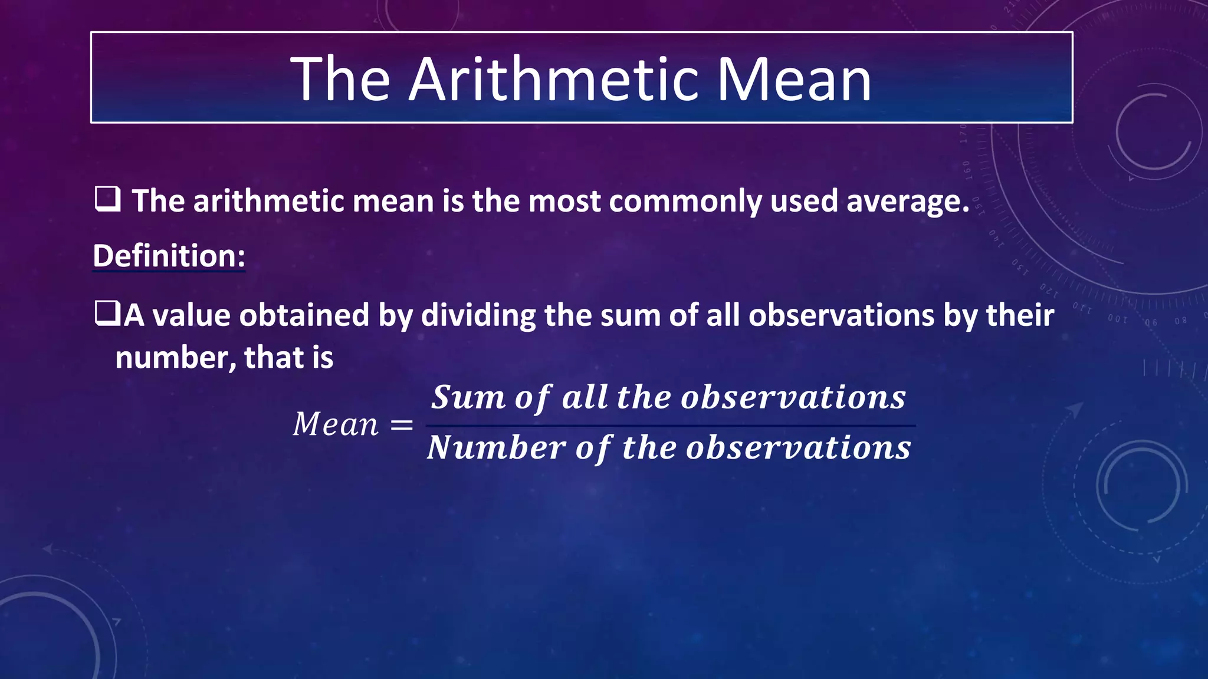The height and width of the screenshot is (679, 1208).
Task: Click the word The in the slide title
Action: pos(340,80)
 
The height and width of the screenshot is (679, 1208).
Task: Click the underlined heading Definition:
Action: pos(169,256)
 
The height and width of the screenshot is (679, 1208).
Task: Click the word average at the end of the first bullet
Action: pos(907,202)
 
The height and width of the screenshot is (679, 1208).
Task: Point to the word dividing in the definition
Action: pos(478,315)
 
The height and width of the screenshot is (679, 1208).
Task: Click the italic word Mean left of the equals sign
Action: pos(336,424)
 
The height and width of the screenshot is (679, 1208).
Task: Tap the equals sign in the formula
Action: pos(402,425)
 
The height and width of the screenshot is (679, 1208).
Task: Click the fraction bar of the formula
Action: pos(670,426)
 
